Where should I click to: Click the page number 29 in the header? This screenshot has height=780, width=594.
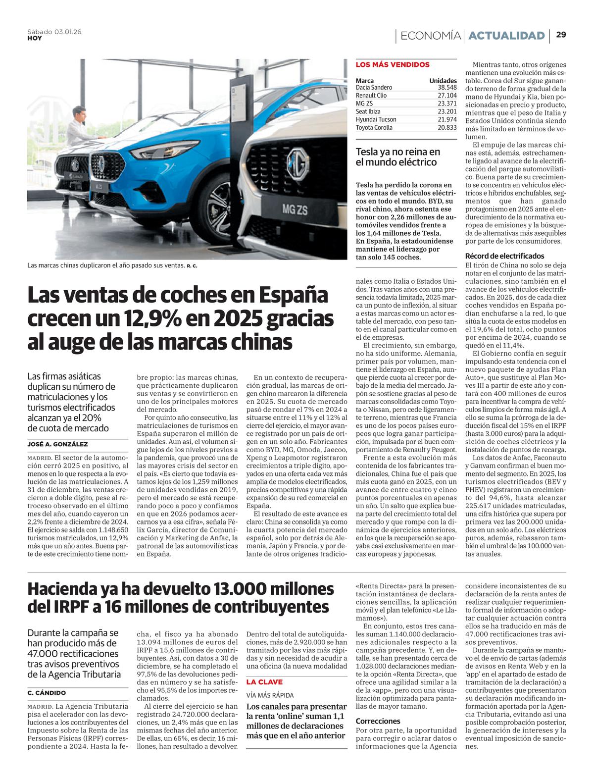561,35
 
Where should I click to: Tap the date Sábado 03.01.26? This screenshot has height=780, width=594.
54,32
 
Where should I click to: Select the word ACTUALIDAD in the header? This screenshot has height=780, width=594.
506,36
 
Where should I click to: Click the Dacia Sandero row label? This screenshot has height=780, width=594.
374,87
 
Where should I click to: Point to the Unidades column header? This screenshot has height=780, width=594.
443,80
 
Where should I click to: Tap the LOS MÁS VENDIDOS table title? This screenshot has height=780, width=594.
393,64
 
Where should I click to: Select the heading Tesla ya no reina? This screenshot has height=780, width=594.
397,157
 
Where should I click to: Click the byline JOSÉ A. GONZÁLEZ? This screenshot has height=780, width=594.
58,444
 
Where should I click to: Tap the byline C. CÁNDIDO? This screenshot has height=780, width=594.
47,693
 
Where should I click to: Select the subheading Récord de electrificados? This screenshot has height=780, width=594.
504,256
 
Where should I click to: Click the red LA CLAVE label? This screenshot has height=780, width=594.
264,682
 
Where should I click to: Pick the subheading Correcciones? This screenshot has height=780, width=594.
378,721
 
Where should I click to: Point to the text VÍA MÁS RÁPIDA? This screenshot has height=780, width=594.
270,695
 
